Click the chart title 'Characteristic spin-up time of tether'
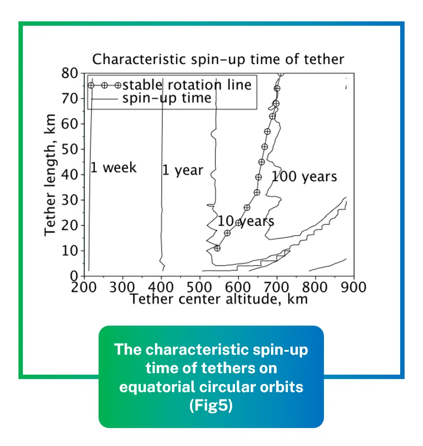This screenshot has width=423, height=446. pyautogui.click(x=218, y=59)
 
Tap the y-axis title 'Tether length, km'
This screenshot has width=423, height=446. pyautogui.click(x=51, y=175)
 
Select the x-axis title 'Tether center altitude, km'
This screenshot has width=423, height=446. pyautogui.click(x=219, y=298)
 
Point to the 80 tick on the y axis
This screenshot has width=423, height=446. pyautogui.click(x=71, y=73)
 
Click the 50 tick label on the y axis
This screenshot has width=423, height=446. pyautogui.click(x=71, y=149)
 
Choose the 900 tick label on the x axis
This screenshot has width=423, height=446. pyautogui.click(x=354, y=287)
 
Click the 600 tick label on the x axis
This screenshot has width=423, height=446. pyautogui.click(x=238, y=287)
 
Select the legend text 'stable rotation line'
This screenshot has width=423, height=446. pyautogui.click(x=187, y=85)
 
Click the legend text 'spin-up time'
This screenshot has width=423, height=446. pyautogui.click(x=167, y=98)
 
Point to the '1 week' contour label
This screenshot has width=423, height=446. pyautogui.click(x=114, y=168)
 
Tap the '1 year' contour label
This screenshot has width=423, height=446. pyautogui.click(x=183, y=170)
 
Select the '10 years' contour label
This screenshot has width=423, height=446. pyautogui.click(x=246, y=221)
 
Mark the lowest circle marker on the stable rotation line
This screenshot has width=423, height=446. pyautogui.click(x=217, y=248)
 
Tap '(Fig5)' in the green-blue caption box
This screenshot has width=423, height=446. pyautogui.click(x=211, y=405)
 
